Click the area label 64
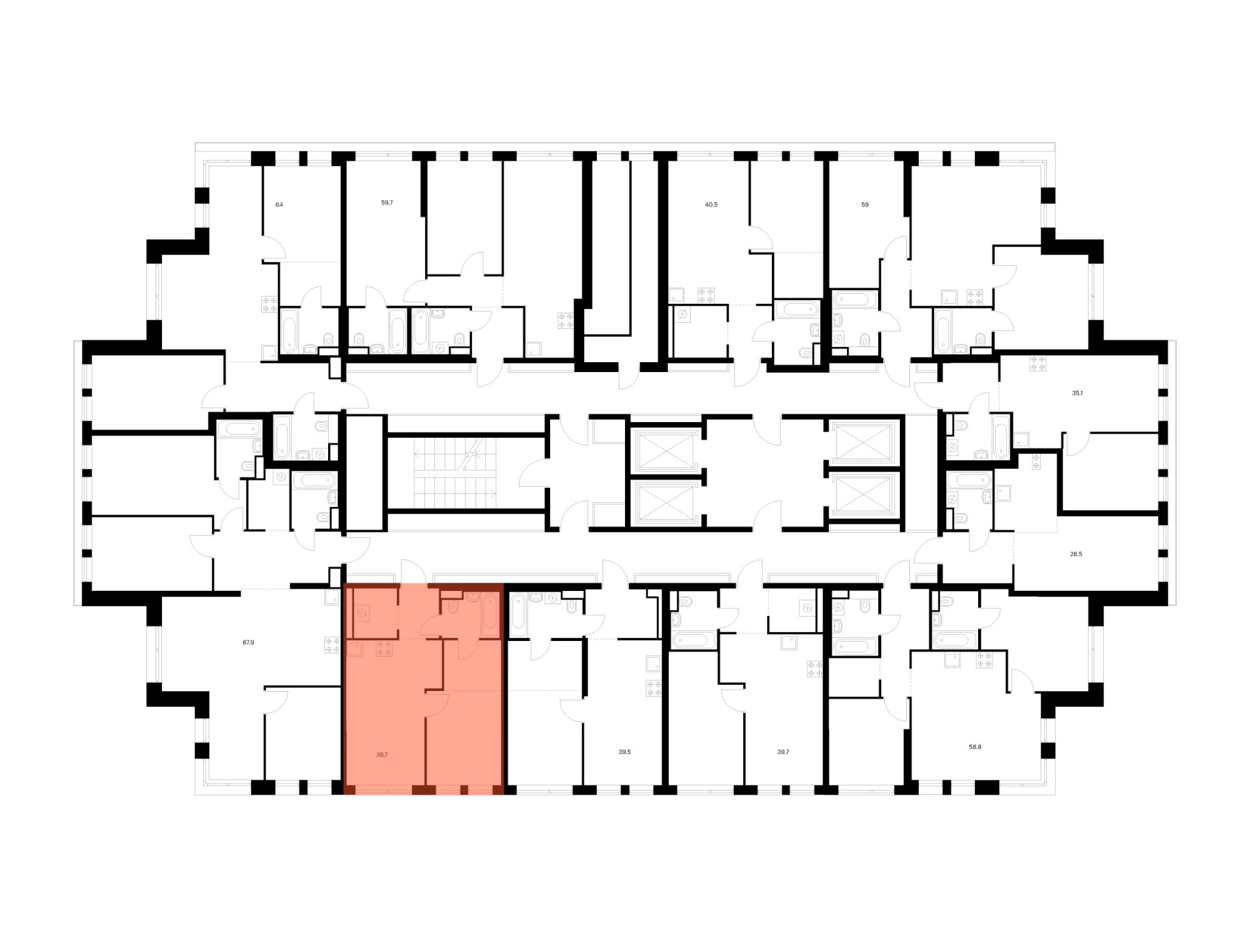279,204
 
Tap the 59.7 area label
387,203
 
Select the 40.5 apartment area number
711,204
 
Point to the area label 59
865,204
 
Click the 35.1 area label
1077,393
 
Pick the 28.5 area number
1076,554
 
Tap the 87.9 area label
248,642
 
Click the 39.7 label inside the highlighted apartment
382,755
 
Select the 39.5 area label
624,752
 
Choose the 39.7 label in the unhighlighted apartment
783,752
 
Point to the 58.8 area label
975,747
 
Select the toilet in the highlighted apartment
454,607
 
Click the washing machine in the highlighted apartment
362,614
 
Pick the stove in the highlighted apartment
384,649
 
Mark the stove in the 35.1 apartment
1038,363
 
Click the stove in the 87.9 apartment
332,645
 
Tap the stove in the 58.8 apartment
984,660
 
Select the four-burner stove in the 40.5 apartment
706,295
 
